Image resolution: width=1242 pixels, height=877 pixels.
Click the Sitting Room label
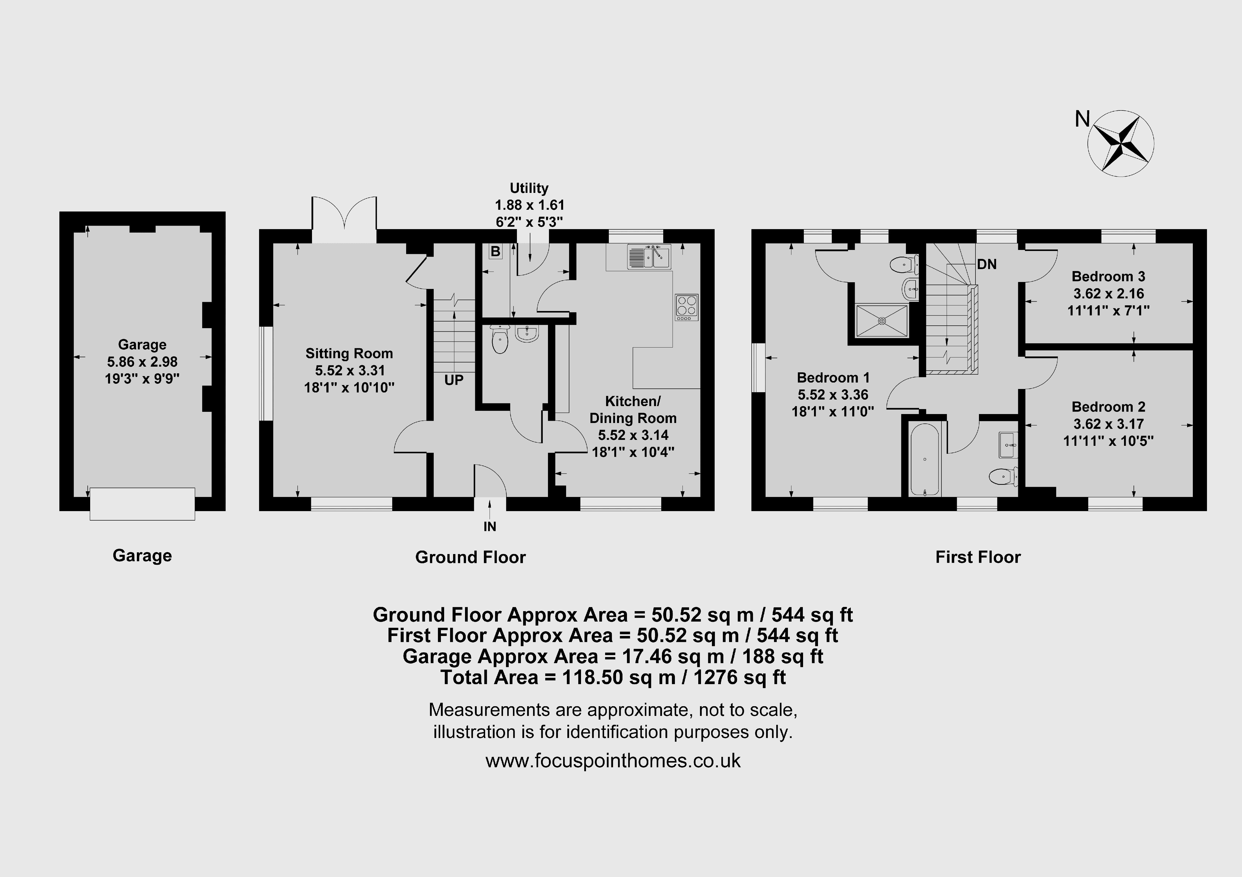coord(349,354)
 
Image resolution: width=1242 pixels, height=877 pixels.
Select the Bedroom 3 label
coord(1108,276)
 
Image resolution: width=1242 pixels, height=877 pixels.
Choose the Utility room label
coord(529,188)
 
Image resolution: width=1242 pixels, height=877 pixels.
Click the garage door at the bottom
coord(142,504)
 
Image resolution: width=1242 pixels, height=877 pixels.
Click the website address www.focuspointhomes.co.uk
coord(613,761)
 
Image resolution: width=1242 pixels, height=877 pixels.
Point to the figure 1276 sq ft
coord(739,677)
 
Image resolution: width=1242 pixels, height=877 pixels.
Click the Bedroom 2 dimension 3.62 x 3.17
coord(1108,424)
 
